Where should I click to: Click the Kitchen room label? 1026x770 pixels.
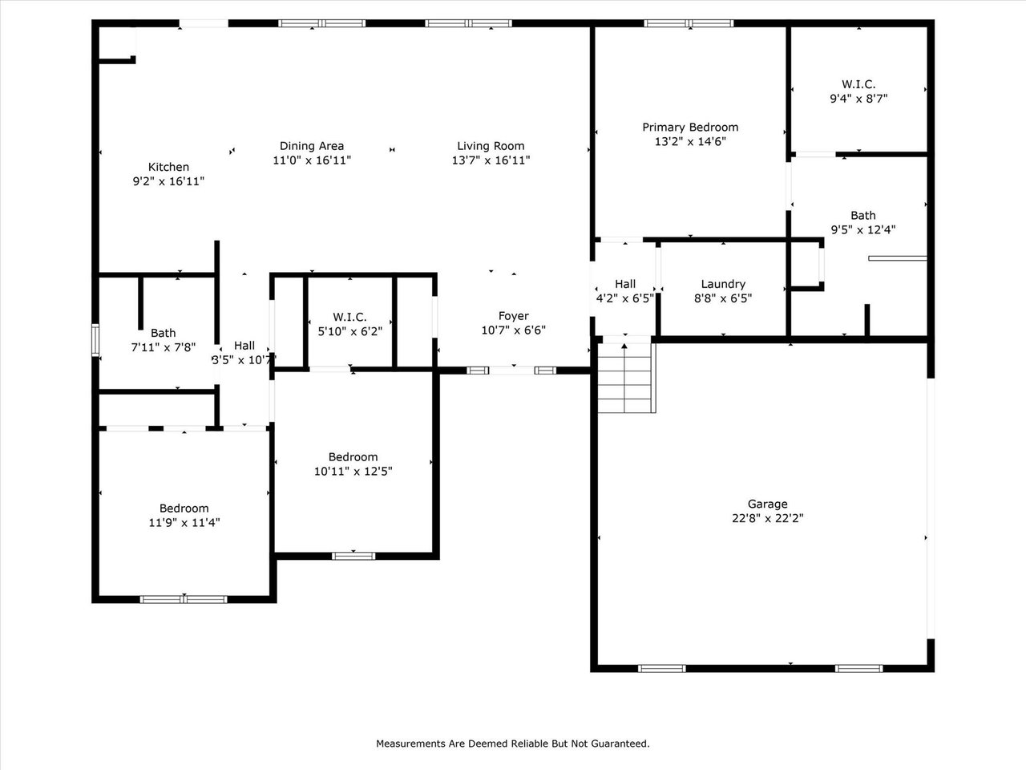(168, 167)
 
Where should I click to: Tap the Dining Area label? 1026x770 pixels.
(312, 146)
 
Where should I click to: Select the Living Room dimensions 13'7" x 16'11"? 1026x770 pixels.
(491, 160)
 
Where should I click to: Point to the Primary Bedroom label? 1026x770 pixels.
(690, 127)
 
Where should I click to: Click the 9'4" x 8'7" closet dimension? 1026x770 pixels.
(858, 99)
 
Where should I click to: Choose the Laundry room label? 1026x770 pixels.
(723, 284)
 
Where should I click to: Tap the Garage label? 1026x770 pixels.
(767, 504)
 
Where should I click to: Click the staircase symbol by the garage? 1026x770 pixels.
(626, 377)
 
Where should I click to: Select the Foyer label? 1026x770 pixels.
(513, 316)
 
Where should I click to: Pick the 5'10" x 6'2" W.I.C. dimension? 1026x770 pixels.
(350, 330)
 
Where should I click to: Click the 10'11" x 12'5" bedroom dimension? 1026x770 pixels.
(353, 472)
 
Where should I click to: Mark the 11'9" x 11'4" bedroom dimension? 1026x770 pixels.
(184, 523)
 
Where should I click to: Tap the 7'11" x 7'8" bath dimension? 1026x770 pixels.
(163, 347)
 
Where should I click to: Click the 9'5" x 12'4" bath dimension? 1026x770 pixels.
(862, 229)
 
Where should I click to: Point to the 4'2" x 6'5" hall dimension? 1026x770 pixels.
(625, 298)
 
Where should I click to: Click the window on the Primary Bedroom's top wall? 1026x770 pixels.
(689, 23)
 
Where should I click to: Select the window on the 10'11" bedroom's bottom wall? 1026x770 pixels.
(353, 555)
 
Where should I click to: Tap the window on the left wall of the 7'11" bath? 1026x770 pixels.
(95, 338)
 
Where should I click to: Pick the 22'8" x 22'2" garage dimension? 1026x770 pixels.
(767, 518)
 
